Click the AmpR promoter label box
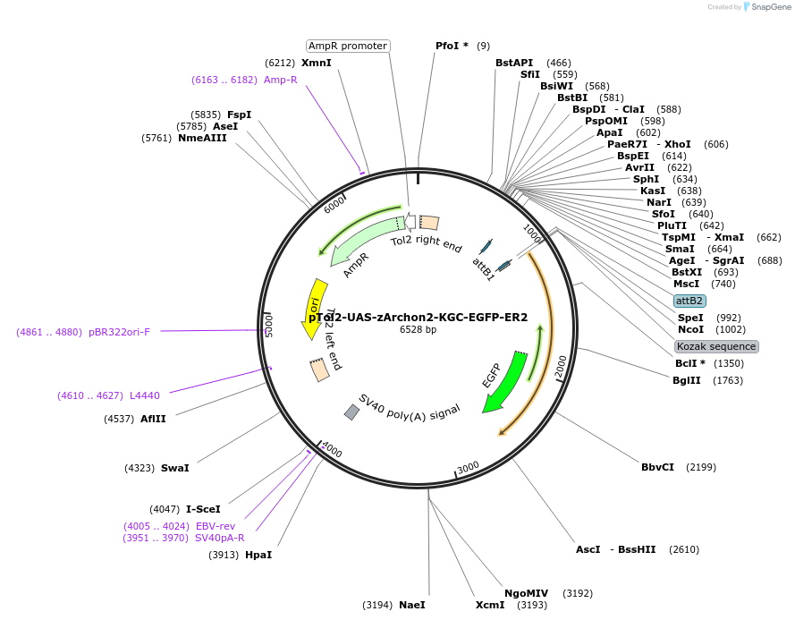tap(348, 46)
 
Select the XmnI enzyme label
tap(316, 63)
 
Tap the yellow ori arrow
tap(314, 309)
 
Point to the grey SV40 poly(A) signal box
tap(352, 412)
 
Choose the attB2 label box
tap(689, 301)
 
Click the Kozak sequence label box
tap(717, 346)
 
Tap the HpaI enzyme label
tap(258, 555)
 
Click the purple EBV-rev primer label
tap(215, 526)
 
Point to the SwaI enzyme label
tap(175, 468)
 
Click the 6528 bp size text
tap(418, 330)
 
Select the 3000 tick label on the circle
tap(469, 467)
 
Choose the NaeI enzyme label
tap(412, 605)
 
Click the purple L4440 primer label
tap(144, 395)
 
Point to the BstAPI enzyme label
tap(514, 63)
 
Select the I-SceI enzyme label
tap(203, 509)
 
